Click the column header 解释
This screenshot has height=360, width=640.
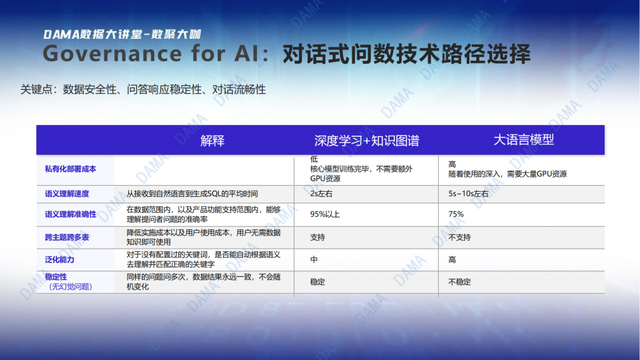(212, 141)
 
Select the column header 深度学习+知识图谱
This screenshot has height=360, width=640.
(366, 141)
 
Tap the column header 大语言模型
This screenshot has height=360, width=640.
(524, 140)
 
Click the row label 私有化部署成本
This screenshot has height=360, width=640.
(71, 169)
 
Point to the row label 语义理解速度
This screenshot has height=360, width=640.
(67, 194)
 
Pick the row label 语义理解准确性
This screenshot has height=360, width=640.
(71, 214)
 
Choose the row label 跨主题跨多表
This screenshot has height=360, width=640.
(67, 237)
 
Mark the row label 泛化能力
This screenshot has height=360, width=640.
(59, 259)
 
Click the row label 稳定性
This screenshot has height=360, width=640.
(56, 277)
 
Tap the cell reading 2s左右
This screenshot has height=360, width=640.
(321, 194)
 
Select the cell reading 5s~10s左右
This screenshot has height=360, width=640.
(469, 194)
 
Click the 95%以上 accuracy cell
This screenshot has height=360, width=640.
(325, 214)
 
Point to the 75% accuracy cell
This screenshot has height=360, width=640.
(456, 214)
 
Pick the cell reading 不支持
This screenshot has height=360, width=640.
(459, 237)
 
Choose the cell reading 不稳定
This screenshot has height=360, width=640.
(459, 282)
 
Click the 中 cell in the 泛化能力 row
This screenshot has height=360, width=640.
(314, 259)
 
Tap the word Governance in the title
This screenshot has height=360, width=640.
(112, 54)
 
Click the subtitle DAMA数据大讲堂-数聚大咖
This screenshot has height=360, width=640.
(122, 34)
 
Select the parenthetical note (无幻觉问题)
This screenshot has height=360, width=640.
(71, 286)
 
